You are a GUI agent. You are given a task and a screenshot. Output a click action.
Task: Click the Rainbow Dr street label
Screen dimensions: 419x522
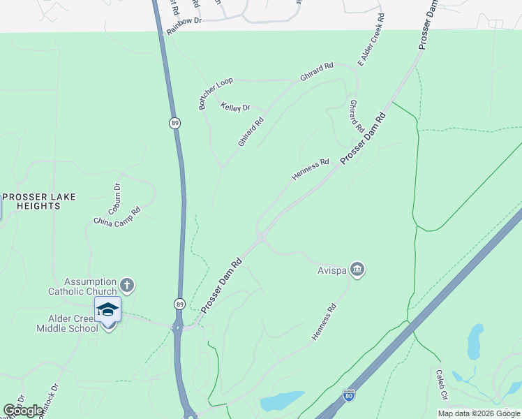click(x=184, y=21)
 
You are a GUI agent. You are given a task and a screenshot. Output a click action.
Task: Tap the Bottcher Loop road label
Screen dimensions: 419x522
click(x=216, y=94)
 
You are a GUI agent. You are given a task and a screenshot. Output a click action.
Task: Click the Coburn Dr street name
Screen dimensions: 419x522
click(x=117, y=198)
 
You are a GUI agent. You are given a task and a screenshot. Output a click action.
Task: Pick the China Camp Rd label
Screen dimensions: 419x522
click(x=117, y=216)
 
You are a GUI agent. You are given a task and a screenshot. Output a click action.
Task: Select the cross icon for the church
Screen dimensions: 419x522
click(x=126, y=285)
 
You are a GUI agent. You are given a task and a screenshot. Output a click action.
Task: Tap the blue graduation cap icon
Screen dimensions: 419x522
click(x=107, y=308)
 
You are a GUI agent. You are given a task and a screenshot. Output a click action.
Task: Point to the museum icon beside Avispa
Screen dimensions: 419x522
click(x=357, y=269)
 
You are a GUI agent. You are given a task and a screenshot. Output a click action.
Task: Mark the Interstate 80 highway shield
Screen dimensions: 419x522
click(x=349, y=395)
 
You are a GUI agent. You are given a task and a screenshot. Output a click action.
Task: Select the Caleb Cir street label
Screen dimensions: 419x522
click(x=441, y=385)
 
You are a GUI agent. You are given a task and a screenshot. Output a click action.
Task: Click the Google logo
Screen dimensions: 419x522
click(x=24, y=411)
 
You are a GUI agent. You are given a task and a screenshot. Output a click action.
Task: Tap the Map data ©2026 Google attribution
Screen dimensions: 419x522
click(x=479, y=413)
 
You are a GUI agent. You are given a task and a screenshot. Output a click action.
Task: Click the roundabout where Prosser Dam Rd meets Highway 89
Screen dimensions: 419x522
click(x=178, y=326)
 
